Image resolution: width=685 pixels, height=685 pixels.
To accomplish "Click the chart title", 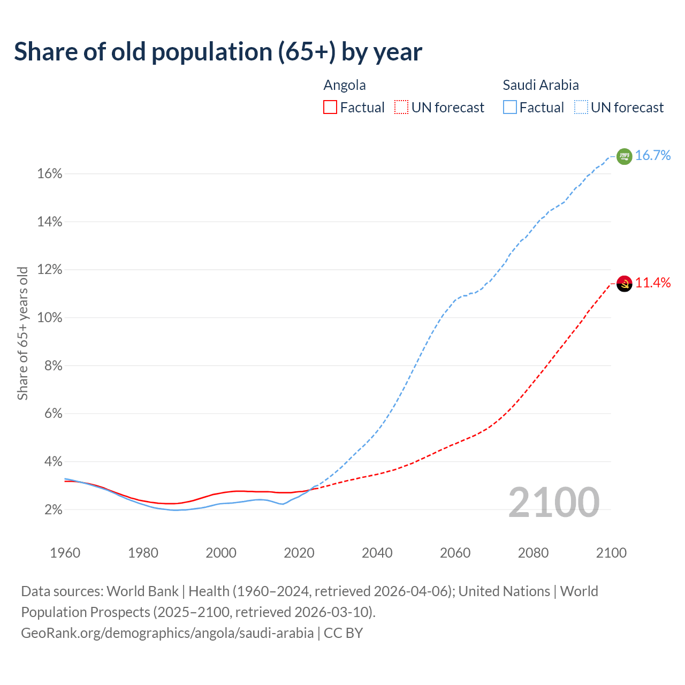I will (218, 52).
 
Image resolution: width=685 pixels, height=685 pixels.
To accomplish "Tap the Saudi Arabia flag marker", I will (624, 156).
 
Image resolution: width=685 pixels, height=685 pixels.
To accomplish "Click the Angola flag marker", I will (624, 283).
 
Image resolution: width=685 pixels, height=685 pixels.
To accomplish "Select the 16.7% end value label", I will (653, 156).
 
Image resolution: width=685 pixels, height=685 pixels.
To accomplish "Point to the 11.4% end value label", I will (653, 283).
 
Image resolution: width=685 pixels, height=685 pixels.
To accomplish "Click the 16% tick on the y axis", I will (50, 174).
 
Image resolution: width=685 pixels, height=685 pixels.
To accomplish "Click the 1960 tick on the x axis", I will (65, 553).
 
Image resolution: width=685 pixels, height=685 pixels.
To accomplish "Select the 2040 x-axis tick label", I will (377, 553).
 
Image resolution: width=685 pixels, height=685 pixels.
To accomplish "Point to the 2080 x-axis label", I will (533, 553).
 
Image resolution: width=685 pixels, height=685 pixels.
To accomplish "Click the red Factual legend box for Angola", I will (330, 108).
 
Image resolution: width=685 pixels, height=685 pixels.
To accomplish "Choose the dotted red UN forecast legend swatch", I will (401, 108).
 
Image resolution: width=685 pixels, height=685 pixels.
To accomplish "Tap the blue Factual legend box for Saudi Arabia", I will (510, 108).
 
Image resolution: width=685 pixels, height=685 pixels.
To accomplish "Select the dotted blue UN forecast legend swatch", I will (581, 108).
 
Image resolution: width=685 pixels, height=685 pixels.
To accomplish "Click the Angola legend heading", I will (345, 85).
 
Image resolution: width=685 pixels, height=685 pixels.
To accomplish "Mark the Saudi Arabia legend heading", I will (541, 85).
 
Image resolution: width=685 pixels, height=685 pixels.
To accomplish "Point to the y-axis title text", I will (22, 333).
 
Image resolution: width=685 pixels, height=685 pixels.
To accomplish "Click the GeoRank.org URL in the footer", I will (167, 633).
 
